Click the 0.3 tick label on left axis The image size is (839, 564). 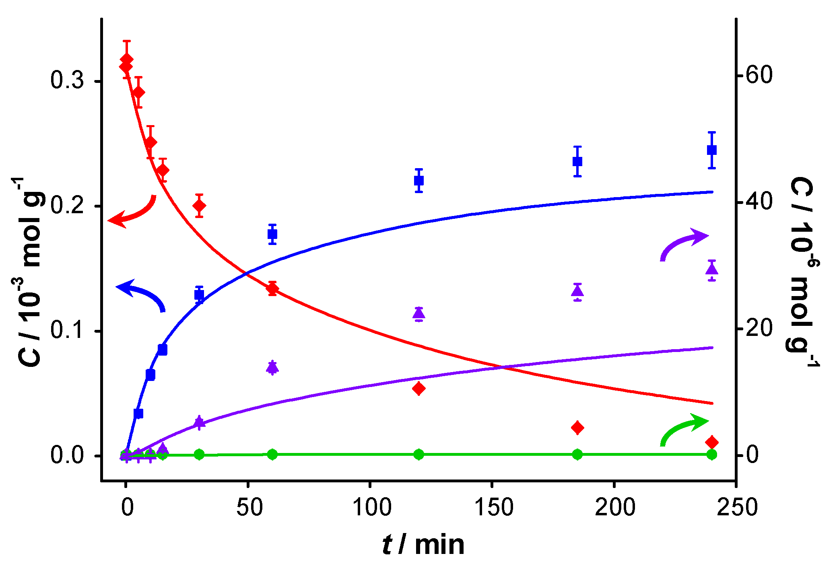67,81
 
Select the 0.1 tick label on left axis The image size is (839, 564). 67,330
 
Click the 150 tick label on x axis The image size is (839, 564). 494,507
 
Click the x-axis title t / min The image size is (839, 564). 423,545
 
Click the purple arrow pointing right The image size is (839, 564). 684,243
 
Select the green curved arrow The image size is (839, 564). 684,428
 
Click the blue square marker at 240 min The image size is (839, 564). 711,150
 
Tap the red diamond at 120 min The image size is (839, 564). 419,389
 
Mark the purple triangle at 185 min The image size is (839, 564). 577,291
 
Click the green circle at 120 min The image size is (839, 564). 419,455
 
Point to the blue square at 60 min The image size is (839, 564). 272,234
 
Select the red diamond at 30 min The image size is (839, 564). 199,206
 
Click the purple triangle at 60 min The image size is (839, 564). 272,367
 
